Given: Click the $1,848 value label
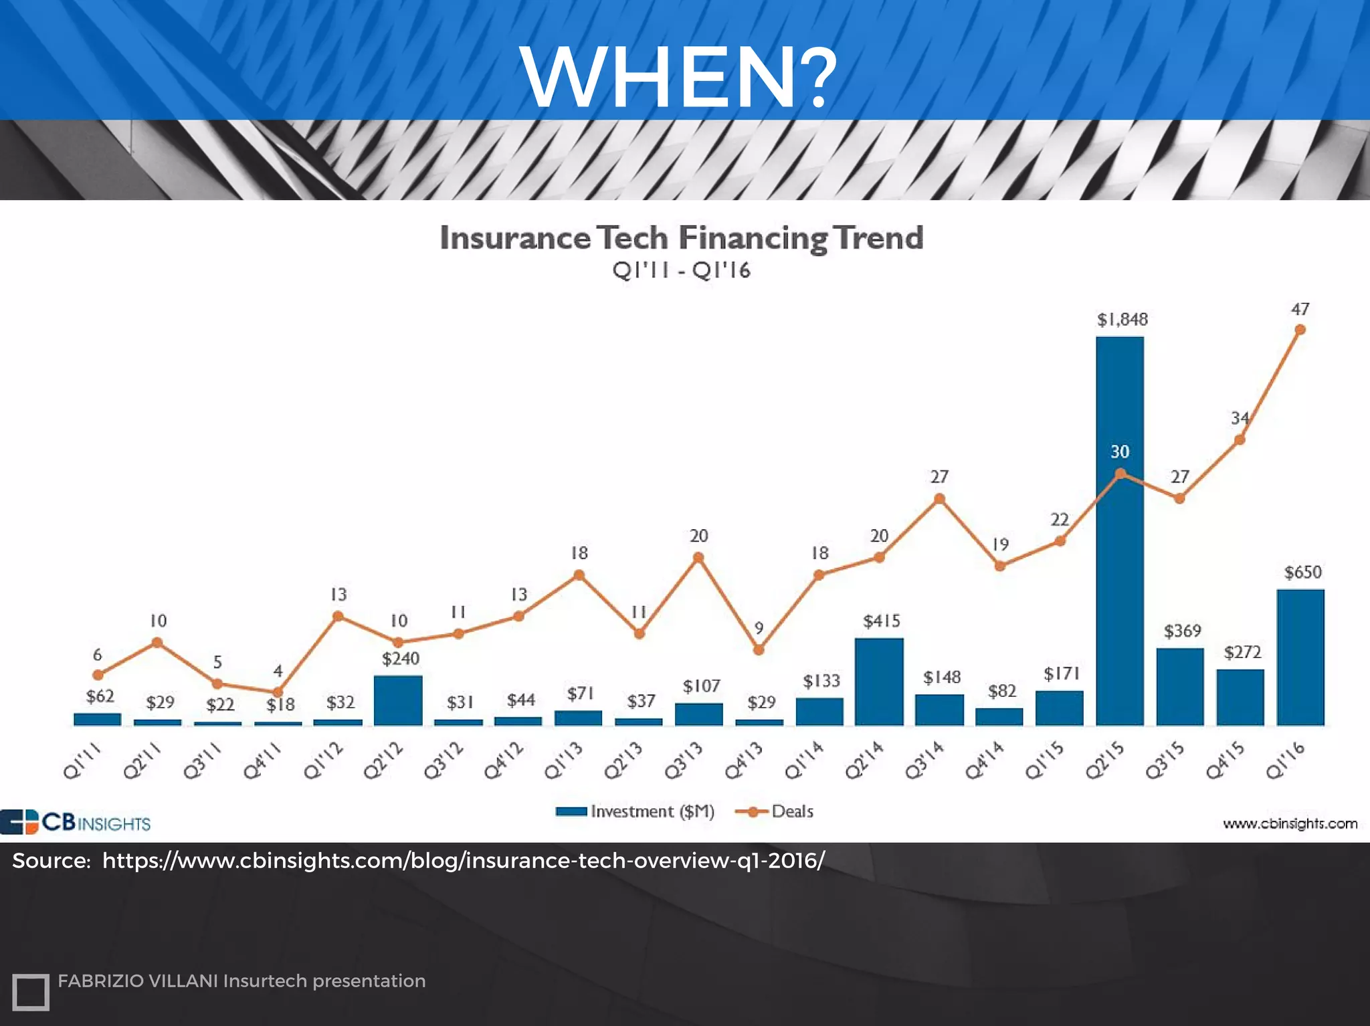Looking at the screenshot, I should coord(1122,320).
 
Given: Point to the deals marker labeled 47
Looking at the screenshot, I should coord(1300,330).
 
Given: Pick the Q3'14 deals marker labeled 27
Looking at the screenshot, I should coord(939,499).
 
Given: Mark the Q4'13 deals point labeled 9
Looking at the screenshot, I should coord(759,649).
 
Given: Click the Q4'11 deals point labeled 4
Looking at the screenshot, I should coord(278,692).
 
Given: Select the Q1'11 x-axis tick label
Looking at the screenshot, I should coord(82,762).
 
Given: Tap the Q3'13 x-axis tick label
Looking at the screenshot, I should coord(684,762).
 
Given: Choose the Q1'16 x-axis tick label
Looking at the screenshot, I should coord(1286,762).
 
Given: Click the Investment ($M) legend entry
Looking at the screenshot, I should coord(635,811).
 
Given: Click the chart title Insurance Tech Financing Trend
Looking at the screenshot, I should coord(681,238).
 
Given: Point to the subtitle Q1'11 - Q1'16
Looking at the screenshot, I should coord(681,271).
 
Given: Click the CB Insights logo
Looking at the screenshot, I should coord(76,822).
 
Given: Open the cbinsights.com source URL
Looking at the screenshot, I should coord(463,860).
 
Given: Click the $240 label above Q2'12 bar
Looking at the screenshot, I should coord(400,659).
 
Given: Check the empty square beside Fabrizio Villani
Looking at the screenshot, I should coord(31,991).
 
